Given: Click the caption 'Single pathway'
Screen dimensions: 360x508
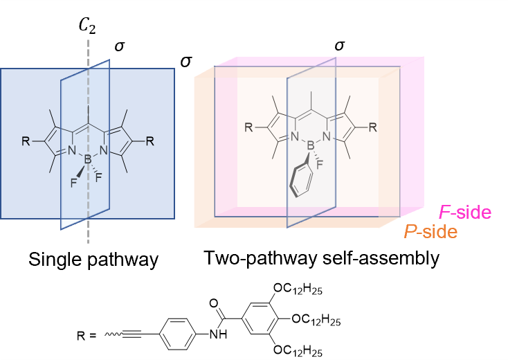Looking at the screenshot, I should (93, 260).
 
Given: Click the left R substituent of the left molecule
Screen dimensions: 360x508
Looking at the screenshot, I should (26, 141).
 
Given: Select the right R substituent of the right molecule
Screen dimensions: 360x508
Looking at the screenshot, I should (372, 127).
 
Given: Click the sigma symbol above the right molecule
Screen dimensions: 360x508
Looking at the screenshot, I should (338, 46).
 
